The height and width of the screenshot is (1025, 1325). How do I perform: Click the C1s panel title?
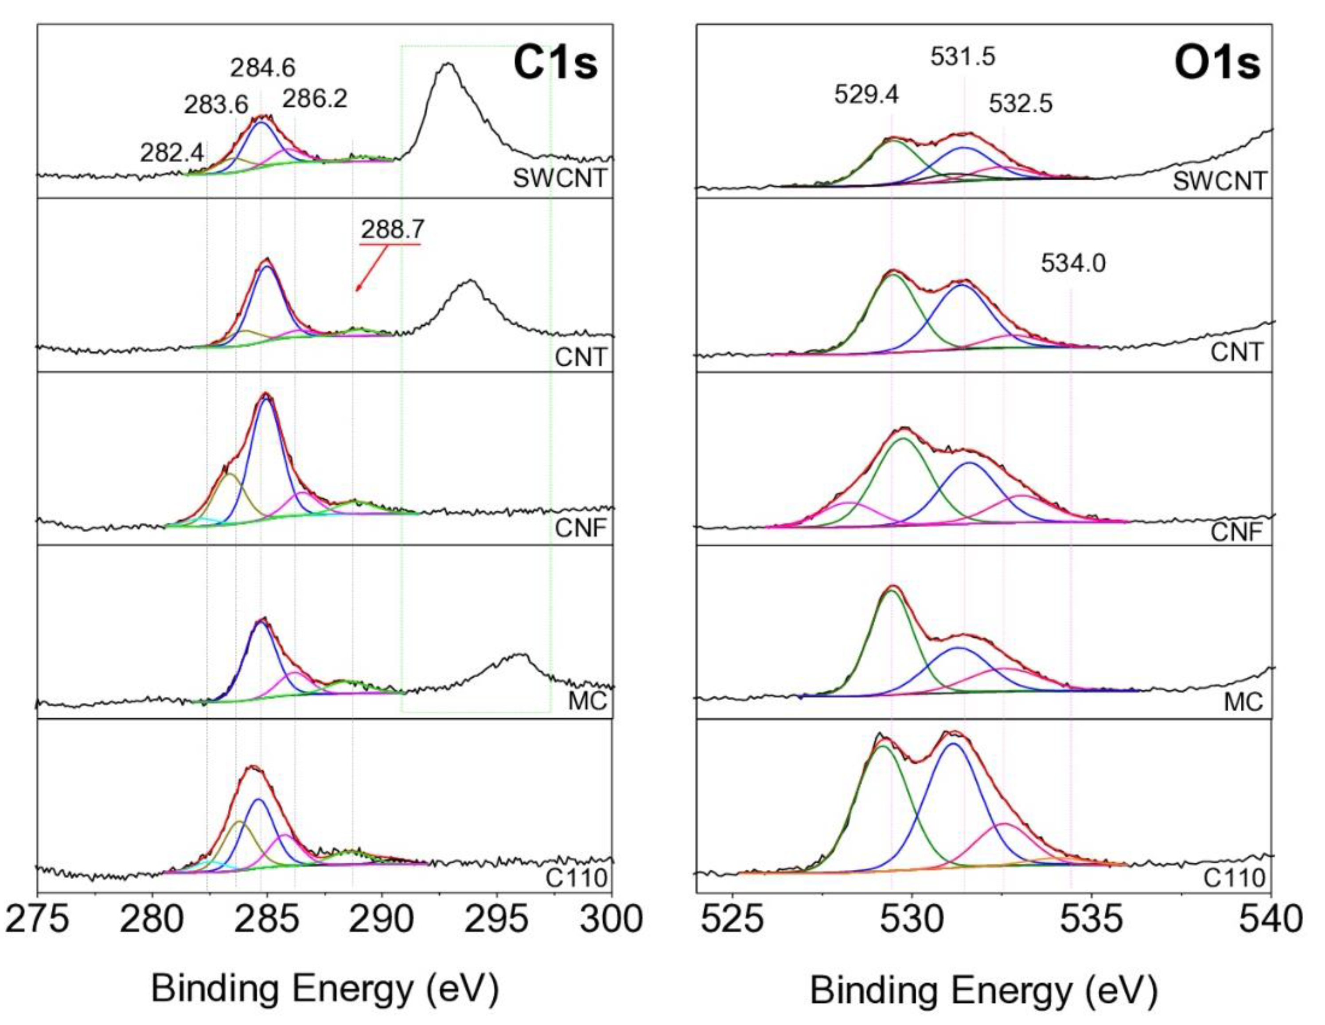coord(555,64)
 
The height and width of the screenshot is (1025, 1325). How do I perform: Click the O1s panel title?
coord(1217,64)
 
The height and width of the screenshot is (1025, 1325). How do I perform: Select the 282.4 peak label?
coord(172,152)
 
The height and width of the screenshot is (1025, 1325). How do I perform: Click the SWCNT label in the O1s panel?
coord(1220,180)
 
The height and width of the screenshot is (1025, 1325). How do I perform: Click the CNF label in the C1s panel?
coord(581,529)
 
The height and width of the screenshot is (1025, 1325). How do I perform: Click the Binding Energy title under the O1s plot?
coord(983,991)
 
